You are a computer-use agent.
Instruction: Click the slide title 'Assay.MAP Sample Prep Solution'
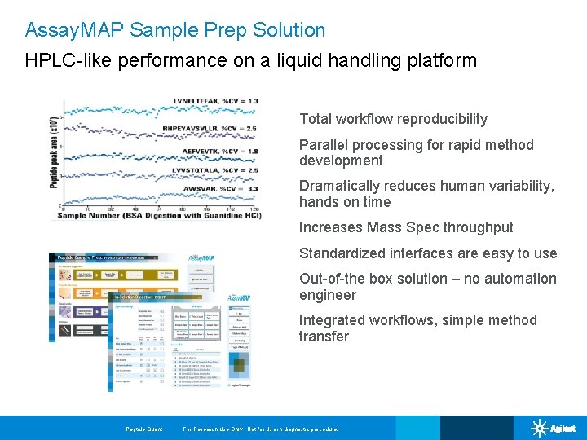(175, 30)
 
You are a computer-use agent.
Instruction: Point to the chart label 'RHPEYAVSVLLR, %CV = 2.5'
(210, 129)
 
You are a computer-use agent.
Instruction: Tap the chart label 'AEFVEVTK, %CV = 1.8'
(221, 152)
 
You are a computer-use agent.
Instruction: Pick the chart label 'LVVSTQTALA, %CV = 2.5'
(214, 170)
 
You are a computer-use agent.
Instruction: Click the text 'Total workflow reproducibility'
(393, 119)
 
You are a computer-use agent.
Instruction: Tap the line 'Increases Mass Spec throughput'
(406, 227)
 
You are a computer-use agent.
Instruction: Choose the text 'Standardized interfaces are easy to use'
(428, 253)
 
